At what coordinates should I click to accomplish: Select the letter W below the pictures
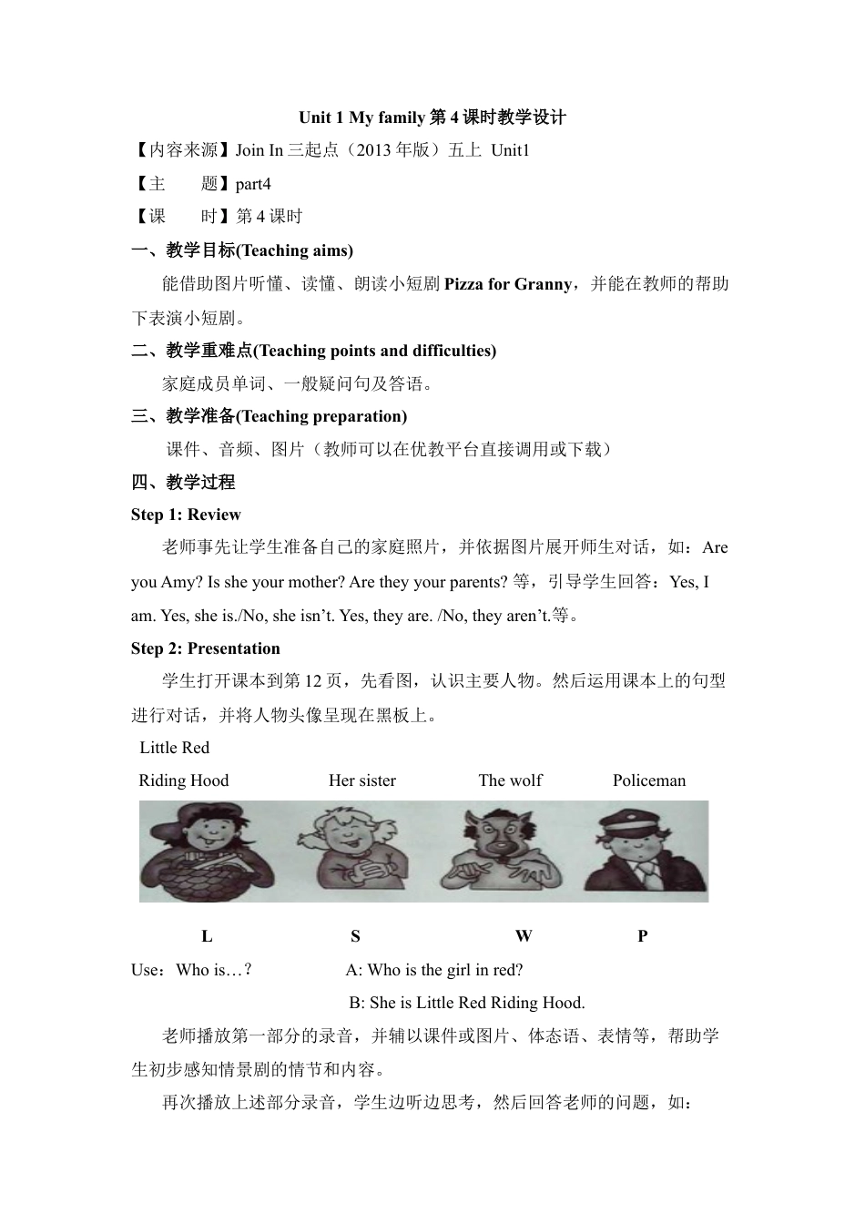523,935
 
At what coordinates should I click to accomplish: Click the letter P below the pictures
643,935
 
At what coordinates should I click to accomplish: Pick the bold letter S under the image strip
355,935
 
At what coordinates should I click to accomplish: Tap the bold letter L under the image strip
207,935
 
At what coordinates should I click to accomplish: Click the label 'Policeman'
649,780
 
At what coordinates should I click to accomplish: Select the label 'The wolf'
510,780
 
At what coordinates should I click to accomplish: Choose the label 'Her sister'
362,780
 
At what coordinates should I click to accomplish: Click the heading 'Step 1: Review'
186,515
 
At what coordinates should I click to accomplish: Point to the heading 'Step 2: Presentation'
206,648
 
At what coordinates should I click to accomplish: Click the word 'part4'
253,184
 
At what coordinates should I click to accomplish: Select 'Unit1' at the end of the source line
510,150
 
